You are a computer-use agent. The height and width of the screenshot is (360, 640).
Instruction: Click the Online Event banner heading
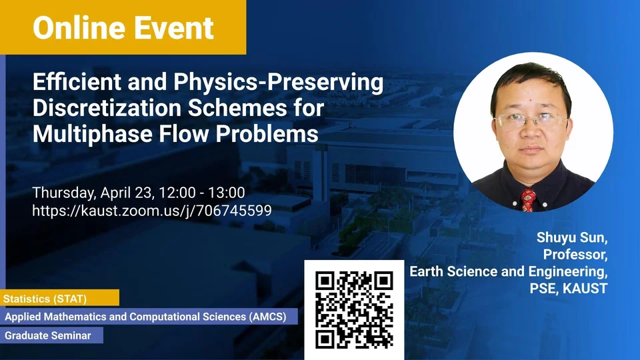point(123,28)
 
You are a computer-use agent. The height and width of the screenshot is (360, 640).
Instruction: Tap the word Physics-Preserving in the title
point(279,82)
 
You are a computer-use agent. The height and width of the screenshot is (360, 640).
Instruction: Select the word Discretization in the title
point(107,108)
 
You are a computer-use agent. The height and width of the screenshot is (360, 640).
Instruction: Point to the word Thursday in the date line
point(64,193)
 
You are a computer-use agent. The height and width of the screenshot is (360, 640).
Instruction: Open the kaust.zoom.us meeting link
point(152,211)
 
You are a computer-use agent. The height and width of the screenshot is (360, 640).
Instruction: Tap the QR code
point(354,310)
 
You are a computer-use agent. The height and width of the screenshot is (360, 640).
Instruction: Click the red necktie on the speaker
point(528,200)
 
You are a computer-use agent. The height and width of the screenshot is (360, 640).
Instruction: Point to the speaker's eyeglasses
point(530,121)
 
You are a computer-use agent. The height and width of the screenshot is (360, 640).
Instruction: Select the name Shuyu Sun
point(572,237)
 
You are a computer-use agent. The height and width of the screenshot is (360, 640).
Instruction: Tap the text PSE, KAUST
point(569,288)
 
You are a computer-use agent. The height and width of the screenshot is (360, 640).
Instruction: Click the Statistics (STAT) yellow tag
point(59,298)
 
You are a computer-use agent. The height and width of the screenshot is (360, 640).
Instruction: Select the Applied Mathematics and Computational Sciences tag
point(149,316)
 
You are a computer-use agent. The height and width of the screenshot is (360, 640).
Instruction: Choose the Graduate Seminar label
point(51,335)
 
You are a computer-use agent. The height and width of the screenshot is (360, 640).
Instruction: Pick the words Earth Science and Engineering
point(509,271)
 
